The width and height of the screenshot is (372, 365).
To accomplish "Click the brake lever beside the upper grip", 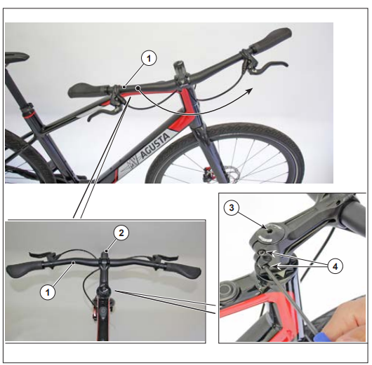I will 267,66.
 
